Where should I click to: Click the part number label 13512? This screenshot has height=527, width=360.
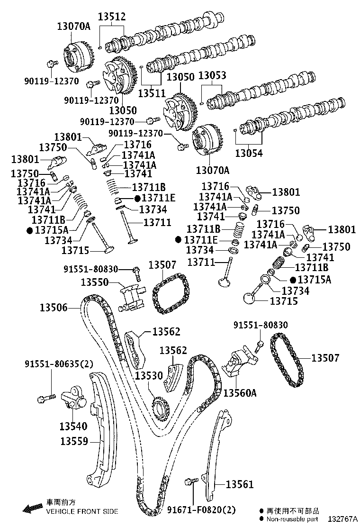[112, 17]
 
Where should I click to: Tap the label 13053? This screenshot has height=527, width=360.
[212, 76]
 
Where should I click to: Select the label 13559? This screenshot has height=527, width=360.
[74, 441]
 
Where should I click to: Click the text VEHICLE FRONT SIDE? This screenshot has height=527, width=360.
[82, 511]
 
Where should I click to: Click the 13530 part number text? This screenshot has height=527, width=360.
[149, 376]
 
